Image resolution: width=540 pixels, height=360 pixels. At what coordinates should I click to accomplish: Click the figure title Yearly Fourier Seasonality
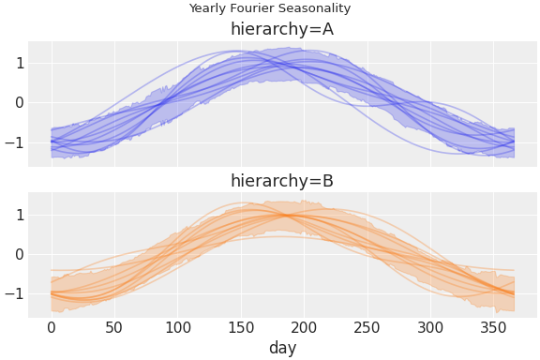[270, 8]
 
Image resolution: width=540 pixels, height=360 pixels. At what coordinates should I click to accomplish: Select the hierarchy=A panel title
[282, 29]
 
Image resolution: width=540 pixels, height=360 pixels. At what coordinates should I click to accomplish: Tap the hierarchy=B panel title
[282, 181]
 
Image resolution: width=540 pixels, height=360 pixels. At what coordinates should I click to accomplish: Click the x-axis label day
[282, 348]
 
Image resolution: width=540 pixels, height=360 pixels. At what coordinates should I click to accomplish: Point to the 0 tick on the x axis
[52, 327]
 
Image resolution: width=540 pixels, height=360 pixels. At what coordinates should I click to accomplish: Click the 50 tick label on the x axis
[114, 327]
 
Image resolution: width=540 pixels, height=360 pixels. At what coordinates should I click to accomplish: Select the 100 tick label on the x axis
[177, 327]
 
